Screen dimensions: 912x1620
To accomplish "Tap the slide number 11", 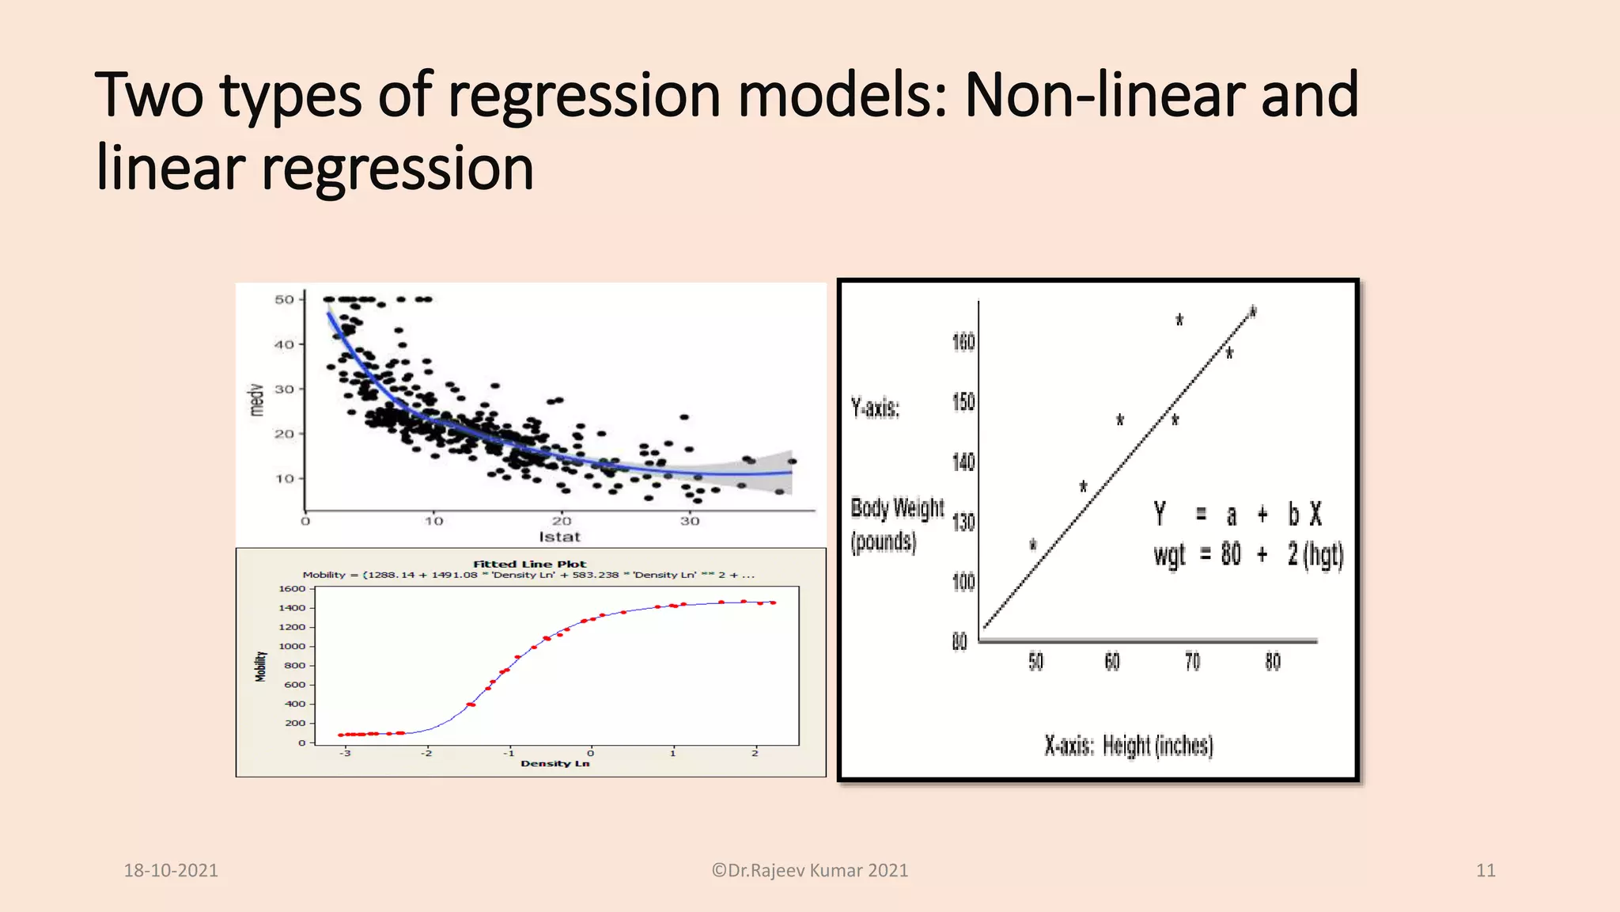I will [x=1486, y=871].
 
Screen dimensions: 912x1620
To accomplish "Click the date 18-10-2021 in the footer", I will [x=171, y=871].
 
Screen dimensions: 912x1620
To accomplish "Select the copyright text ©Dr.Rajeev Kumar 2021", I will [x=810, y=871].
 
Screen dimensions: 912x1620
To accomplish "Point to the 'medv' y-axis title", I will [x=255, y=401].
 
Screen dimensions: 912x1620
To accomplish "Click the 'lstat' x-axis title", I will [x=559, y=537].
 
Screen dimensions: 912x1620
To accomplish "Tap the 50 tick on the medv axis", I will [x=284, y=299].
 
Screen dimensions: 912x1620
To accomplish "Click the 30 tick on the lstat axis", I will [x=689, y=521].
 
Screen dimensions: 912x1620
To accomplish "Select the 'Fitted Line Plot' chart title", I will [x=530, y=564].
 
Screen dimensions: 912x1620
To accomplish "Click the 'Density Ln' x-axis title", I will [x=555, y=763].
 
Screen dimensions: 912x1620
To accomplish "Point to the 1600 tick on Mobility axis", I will [x=292, y=588].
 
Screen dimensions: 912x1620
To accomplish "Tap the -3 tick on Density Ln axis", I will [x=345, y=753].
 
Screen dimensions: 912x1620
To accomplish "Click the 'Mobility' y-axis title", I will [x=260, y=667].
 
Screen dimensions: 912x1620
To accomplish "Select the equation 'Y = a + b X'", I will [x=1238, y=515].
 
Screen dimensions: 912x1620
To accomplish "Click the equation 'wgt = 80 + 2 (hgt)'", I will [x=1248, y=554].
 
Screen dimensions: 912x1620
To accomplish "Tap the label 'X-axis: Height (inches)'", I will [x=1129, y=746].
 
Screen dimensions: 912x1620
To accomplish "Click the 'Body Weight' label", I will [x=897, y=508].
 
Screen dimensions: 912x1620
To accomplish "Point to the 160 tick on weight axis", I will [x=963, y=342].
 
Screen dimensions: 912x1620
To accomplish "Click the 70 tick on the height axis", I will [x=1192, y=662].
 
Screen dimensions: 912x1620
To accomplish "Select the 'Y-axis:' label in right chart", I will [x=875, y=408].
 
